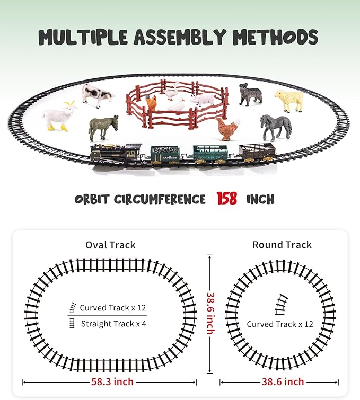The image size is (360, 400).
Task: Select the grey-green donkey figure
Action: pyautogui.click(x=103, y=128)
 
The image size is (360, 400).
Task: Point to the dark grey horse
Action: pyautogui.click(x=276, y=127)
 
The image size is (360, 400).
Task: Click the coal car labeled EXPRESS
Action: pyautogui.click(x=165, y=154)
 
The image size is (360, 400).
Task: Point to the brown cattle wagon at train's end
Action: pyautogui.click(x=257, y=153)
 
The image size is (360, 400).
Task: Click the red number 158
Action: pyautogui.click(x=227, y=199)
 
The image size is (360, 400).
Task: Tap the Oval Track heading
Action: pyautogui.click(x=110, y=245)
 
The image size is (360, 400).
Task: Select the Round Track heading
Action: pyautogui.click(x=282, y=245)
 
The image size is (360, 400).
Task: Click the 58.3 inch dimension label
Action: pyautogui.click(x=112, y=381)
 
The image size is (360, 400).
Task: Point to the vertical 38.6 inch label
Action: pyautogui.click(x=210, y=313)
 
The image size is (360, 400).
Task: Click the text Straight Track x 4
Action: pyautogui.click(x=113, y=324)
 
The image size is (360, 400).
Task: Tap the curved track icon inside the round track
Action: pyautogui.click(x=282, y=305)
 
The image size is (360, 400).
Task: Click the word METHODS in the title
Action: pyautogui.click(x=275, y=37)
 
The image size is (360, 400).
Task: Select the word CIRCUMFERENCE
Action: pyautogui.click(x=160, y=199)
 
